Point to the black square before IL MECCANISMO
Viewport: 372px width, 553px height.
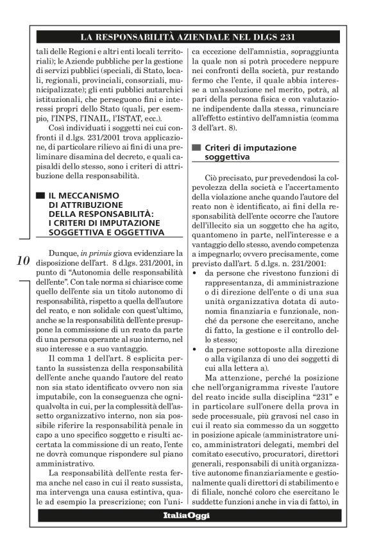[40, 194]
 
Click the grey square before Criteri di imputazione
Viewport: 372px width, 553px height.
[196, 148]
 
